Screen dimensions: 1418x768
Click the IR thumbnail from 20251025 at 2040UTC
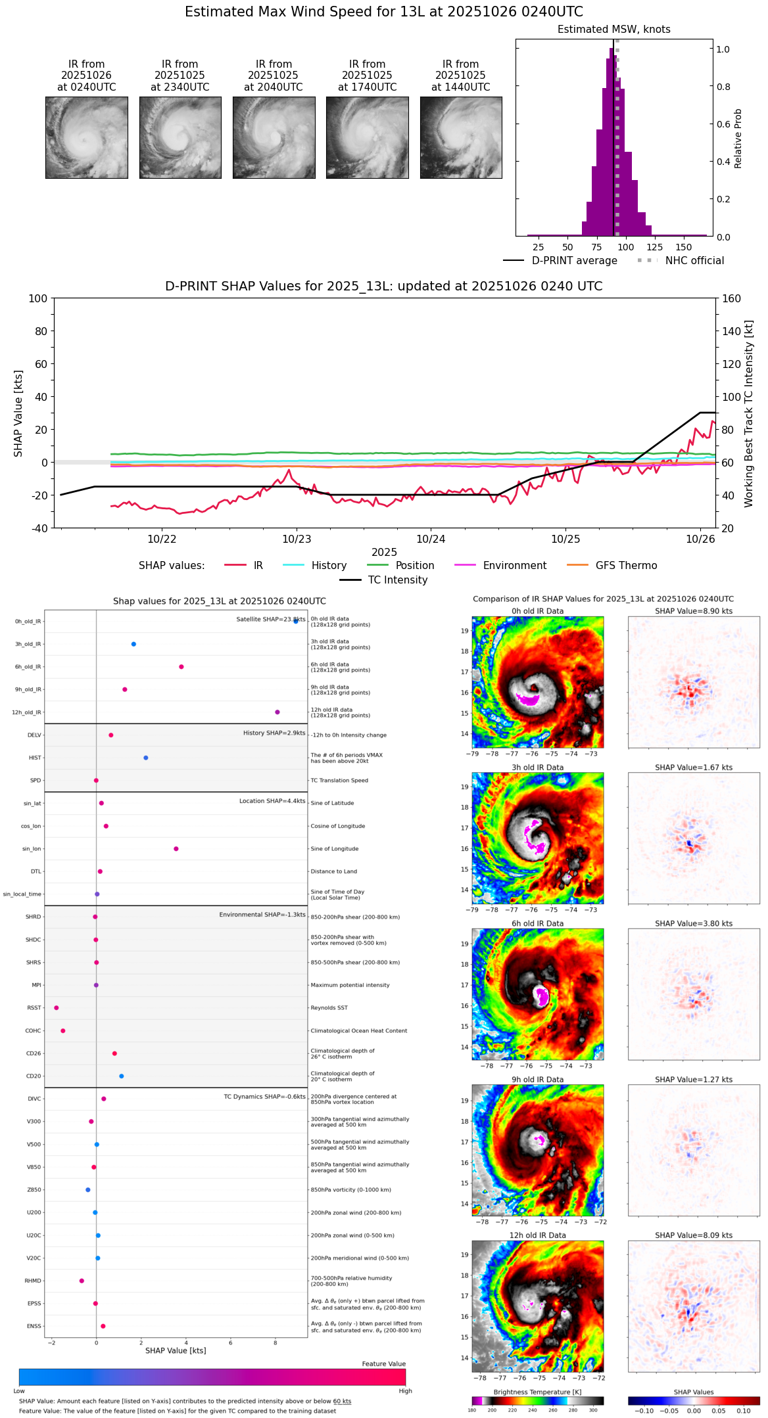pos(274,137)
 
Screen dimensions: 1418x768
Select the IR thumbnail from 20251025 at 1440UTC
pos(461,137)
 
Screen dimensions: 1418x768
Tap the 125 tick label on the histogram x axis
pos(655,248)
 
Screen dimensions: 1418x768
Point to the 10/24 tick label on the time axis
pos(431,539)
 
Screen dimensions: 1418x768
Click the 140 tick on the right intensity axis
pos(731,331)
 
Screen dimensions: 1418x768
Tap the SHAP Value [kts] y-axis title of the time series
pos(18,413)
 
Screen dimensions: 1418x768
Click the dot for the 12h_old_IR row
pos(277,712)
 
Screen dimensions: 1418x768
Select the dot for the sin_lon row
pos(176,849)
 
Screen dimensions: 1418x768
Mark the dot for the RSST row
pos(57,1008)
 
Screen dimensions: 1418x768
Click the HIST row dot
pos(146,758)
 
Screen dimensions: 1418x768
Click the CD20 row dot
pos(122,1076)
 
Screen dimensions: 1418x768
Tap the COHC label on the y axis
pos(33,1031)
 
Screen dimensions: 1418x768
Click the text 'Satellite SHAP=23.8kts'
pos(270,620)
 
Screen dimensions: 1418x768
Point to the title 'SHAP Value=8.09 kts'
pos(693,1235)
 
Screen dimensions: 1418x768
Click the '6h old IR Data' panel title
pos(537,923)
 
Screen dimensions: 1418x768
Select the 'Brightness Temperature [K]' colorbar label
pos(537,1392)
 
